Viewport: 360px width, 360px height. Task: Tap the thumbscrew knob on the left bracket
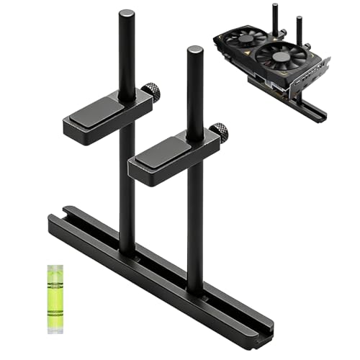[150, 92]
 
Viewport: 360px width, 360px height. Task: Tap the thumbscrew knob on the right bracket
[220, 132]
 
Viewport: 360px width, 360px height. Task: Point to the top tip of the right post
[194, 50]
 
